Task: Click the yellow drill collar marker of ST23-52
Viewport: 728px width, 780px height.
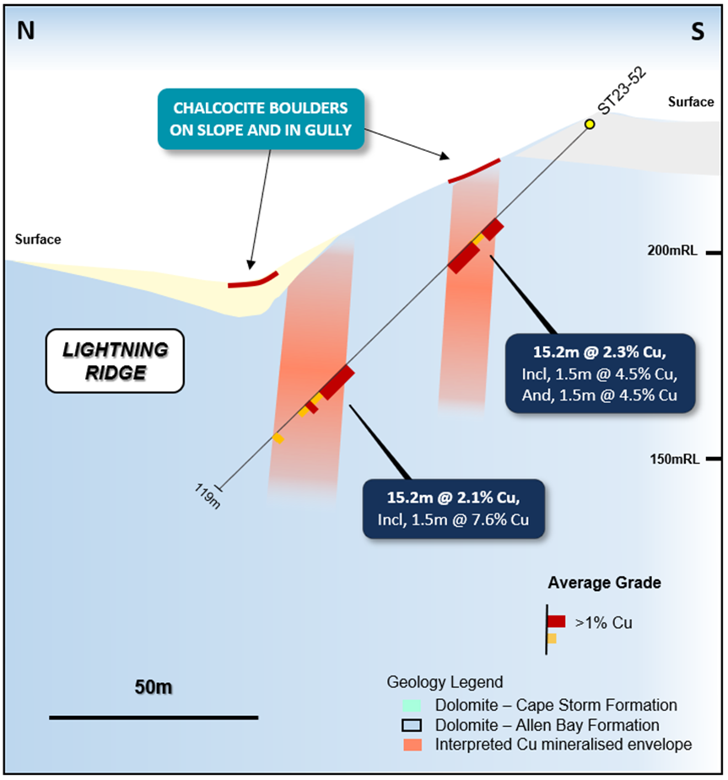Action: [590, 125]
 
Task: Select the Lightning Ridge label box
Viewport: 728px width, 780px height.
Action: [115, 361]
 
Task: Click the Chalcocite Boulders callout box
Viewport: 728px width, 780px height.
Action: [261, 119]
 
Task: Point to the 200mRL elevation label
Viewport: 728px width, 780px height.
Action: [672, 250]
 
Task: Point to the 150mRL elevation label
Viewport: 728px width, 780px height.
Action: [672, 459]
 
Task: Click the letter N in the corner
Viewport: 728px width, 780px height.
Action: [26, 31]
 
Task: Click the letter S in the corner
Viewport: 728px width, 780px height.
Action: [698, 32]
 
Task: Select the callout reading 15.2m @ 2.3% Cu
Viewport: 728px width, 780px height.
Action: [600, 373]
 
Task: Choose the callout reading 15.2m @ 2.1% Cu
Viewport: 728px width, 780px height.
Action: [452, 508]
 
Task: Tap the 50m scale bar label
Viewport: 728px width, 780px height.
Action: [153, 687]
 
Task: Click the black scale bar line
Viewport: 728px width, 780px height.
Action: [153, 718]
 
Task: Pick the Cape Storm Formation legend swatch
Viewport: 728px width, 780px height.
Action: [411, 705]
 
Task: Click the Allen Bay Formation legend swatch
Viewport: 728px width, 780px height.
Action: [411, 725]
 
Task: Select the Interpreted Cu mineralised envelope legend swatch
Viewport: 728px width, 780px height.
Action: [411, 745]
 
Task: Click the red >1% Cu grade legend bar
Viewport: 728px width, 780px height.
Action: [556, 621]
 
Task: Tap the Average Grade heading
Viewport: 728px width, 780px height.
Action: [604, 583]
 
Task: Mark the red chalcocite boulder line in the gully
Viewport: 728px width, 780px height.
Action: [253, 281]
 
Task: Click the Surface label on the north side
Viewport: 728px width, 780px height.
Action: [38, 239]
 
